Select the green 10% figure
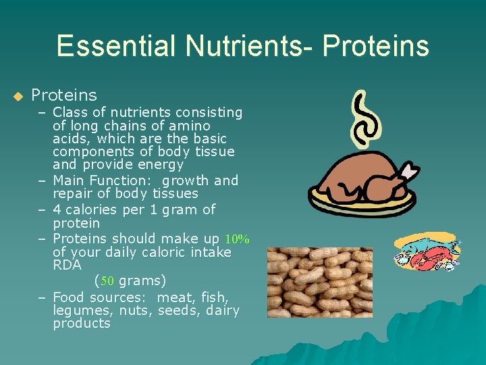(x=237, y=239)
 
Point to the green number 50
(x=107, y=281)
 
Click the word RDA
(x=67, y=266)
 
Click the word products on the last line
(x=81, y=324)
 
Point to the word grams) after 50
(x=142, y=281)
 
